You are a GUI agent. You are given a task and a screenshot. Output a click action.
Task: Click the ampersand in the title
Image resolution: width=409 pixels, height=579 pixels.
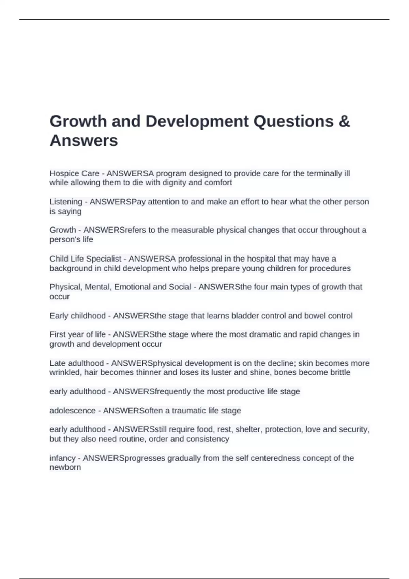[345, 121]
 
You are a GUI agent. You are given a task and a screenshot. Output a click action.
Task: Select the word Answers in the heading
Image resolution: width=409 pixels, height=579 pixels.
[84, 140]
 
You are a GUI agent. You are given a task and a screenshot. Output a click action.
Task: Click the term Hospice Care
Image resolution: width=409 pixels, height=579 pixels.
[74, 173]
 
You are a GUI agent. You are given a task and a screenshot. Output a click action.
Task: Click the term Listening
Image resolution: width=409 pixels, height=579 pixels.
[66, 202]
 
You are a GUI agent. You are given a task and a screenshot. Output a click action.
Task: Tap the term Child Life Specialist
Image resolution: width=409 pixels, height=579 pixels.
[85, 259]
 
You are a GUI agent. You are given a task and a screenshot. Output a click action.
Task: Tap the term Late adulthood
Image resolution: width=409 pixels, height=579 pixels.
[77, 363]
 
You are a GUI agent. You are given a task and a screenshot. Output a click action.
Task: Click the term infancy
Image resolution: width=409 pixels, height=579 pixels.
[62, 458]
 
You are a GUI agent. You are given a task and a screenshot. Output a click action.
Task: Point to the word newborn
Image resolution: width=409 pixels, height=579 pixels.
[65, 467]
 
